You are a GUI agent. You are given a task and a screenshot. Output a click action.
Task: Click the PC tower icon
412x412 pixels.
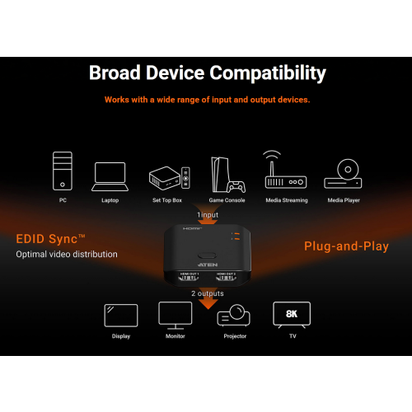pos(63,171)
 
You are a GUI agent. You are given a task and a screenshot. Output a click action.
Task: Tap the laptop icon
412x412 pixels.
pos(110,176)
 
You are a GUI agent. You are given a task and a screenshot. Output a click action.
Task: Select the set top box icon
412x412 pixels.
pos(170,178)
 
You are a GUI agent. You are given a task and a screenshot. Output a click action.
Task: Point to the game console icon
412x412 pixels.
pos(227,175)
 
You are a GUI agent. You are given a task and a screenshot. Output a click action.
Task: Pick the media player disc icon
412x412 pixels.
pos(343,174)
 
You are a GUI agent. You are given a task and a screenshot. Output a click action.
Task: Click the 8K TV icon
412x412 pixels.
pos(292,315)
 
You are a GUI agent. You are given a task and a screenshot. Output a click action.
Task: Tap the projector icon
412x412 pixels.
pos(234,316)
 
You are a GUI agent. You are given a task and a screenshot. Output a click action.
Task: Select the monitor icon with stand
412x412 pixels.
pos(176,316)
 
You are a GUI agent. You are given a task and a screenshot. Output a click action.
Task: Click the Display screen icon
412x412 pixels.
pos(121,316)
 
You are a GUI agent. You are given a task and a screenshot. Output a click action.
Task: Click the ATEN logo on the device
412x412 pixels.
pos(208,265)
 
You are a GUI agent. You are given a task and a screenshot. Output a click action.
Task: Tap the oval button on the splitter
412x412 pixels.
pos(208,255)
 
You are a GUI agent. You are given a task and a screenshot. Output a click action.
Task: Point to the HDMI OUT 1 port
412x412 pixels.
pos(189,278)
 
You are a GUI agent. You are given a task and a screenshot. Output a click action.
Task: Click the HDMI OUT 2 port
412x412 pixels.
pos(226,278)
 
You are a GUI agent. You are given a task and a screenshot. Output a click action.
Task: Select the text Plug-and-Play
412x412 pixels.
pos(346,246)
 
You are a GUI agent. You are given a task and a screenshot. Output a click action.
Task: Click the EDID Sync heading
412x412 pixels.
pos(50,239)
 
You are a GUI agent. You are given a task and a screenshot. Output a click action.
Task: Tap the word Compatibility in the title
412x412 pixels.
pos(268,73)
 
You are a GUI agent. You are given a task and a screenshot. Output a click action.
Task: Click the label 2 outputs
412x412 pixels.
pos(208,293)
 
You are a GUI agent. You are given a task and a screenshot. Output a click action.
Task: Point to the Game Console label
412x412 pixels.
pos(227,200)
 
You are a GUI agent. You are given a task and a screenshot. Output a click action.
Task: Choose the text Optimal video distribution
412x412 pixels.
pos(67,255)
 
